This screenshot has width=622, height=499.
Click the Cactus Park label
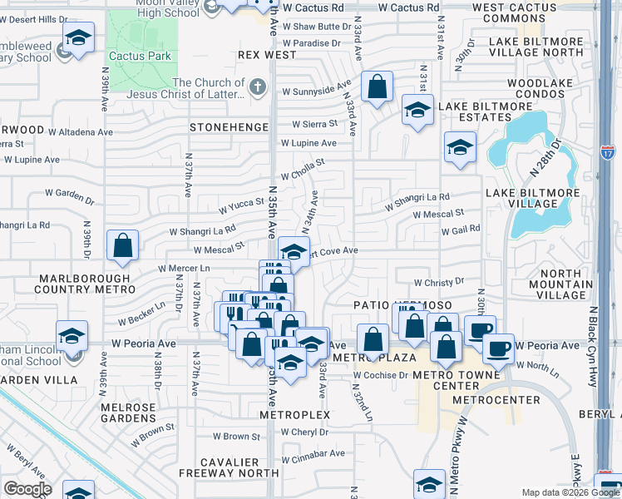tap(144, 56)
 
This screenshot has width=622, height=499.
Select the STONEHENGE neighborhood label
tap(230, 127)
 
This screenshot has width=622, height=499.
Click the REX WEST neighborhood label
tap(267, 55)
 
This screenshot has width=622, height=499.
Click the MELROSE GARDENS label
tap(128, 412)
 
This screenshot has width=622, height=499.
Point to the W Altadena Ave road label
tap(80, 131)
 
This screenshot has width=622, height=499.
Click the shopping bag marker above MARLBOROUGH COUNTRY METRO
tap(123, 245)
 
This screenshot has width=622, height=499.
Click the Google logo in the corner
tap(27, 489)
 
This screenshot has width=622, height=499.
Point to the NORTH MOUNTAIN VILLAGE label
tap(574, 284)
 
